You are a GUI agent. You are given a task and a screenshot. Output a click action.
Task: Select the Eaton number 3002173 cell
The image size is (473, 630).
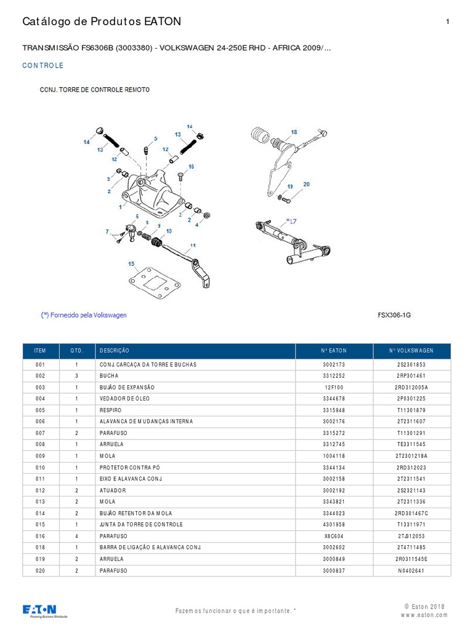pyautogui.click(x=334, y=364)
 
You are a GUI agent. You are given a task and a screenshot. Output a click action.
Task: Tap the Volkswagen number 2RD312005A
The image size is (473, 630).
pyautogui.click(x=411, y=388)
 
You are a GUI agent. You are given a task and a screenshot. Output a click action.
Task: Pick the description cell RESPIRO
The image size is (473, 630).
pyautogui.click(x=111, y=410)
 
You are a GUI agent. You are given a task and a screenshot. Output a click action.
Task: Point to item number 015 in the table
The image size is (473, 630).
pyautogui.click(x=41, y=525)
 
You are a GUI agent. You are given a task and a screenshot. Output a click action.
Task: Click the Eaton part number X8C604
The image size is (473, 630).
pyautogui.click(x=334, y=536)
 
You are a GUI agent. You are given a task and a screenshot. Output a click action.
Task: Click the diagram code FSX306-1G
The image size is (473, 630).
pyautogui.click(x=394, y=315)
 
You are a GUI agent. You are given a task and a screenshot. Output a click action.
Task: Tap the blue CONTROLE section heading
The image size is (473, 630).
pyautogui.click(x=42, y=66)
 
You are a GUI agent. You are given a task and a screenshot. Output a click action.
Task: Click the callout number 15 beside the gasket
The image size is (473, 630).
pyautogui.click(x=131, y=264)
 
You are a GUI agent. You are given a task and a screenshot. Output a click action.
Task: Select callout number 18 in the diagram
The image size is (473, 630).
pyautogui.click(x=294, y=132)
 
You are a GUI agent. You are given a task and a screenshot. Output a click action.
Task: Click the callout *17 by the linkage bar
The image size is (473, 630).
pyautogui.click(x=291, y=220)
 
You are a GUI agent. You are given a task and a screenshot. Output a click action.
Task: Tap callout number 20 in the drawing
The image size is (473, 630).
pyautogui.click(x=306, y=184)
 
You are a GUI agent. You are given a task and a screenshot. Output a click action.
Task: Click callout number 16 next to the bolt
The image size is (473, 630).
pyautogui.click(x=191, y=167)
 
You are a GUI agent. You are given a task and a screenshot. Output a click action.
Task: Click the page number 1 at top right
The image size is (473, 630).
pyautogui.click(x=447, y=22)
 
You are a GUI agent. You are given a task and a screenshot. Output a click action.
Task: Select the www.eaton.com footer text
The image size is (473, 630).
pyautogui.click(x=424, y=615)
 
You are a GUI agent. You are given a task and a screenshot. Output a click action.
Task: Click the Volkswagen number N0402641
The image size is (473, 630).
pyautogui.click(x=411, y=570)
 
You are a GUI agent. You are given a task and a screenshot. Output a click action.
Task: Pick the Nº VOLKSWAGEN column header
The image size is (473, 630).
pyautogui.click(x=411, y=351)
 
